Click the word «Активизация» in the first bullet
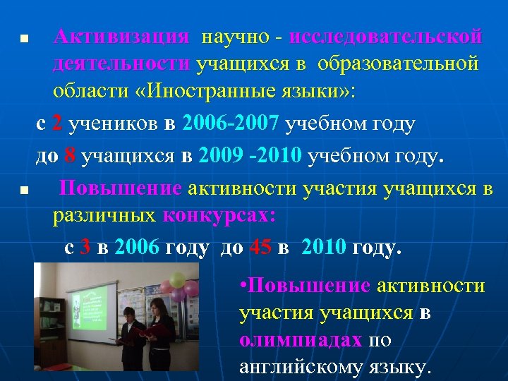tap(121, 36)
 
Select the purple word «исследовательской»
tap(386, 36)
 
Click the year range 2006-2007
tap(231, 123)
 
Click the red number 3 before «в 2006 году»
tap(85, 248)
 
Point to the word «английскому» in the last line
tap(299, 366)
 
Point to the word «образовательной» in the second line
tap(399, 64)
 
